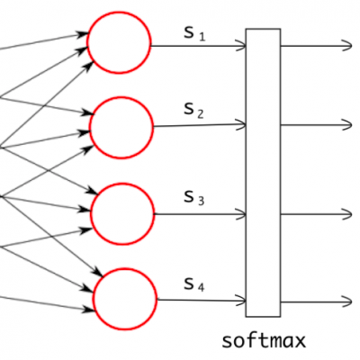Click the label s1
click(x=194, y=33)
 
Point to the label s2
click(x=193, y=111)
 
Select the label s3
click(x=194, y=198)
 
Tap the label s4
click(x=194, y=284)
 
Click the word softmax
click(x=264, y=341)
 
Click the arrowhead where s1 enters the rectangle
click(x=241, y=46)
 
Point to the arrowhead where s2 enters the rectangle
click(x=241, y=124)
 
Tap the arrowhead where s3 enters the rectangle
click(x=241, y=214)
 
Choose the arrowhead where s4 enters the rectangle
click(x=241, y=301)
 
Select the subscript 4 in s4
click(x=201, y=288)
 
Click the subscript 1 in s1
click(x=202, y=37)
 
